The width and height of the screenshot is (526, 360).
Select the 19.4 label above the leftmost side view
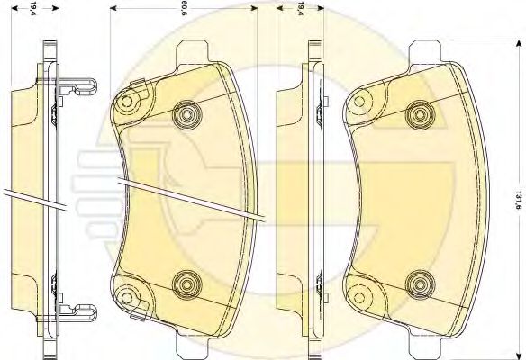click(x=33, y=10)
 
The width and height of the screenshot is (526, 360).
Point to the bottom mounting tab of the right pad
click(x=429, y=344)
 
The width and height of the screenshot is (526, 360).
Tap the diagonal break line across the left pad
click(x=189, y=198)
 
